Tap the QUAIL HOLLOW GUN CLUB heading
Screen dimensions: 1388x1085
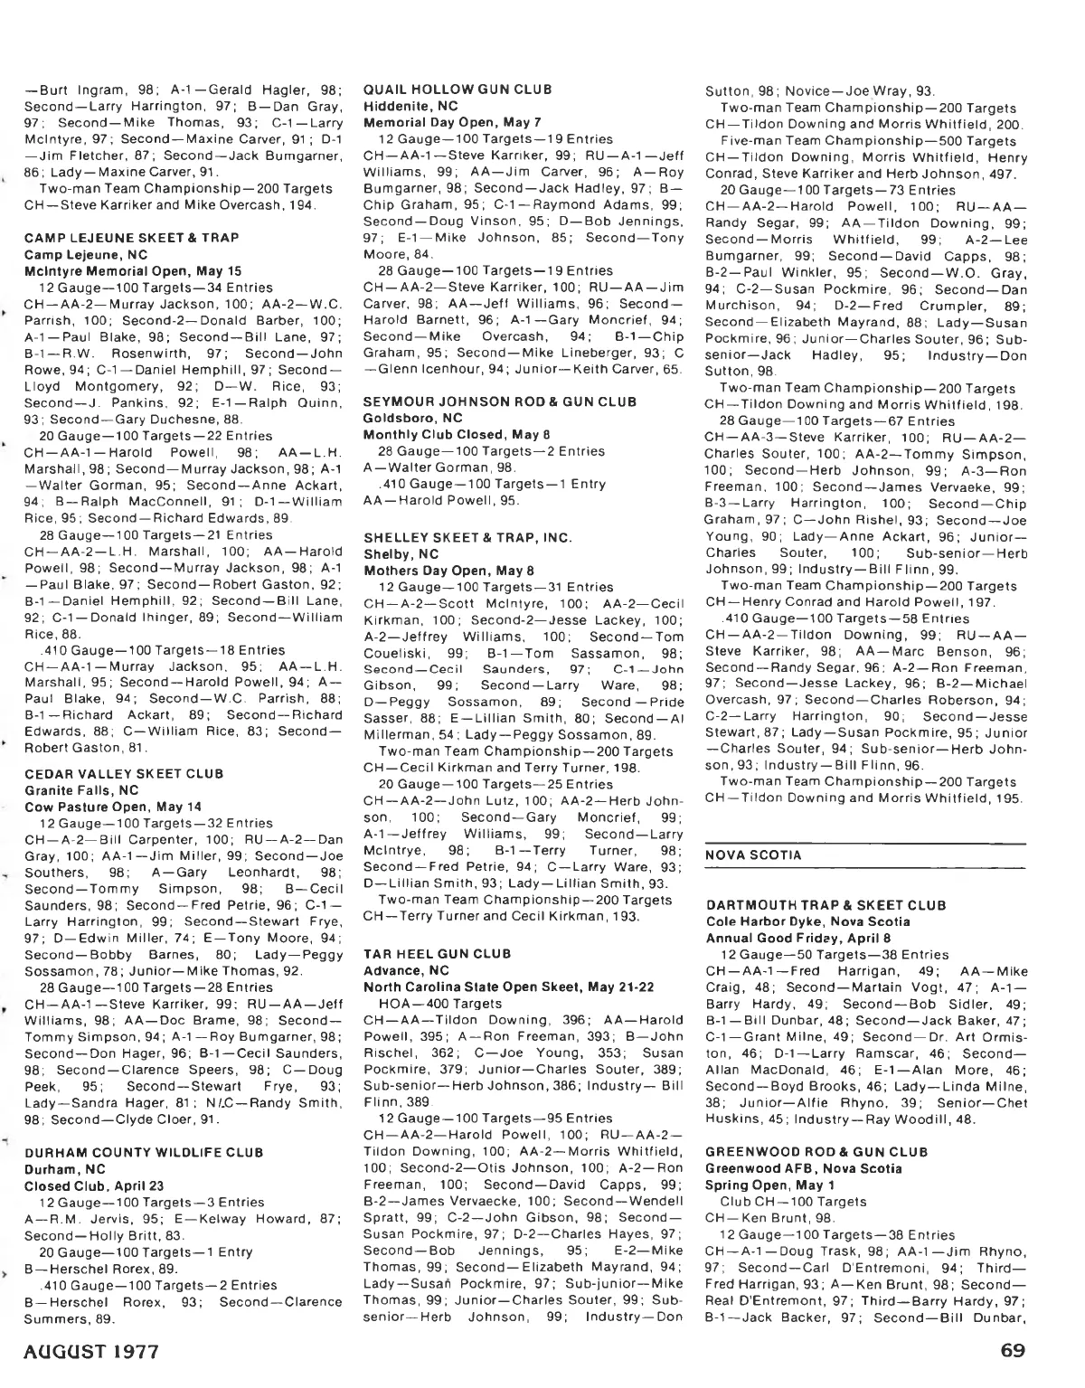(x=456, y=90)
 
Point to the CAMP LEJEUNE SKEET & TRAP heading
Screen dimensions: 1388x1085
(x=131, y=238)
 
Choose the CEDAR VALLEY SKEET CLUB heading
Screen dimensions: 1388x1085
(x=124, y=773)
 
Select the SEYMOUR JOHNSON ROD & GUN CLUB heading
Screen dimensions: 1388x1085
(x=500, y=401)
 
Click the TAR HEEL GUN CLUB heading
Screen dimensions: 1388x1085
(x=437, y=954)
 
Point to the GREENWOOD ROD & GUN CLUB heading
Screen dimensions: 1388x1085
(x=816, y=1152)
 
